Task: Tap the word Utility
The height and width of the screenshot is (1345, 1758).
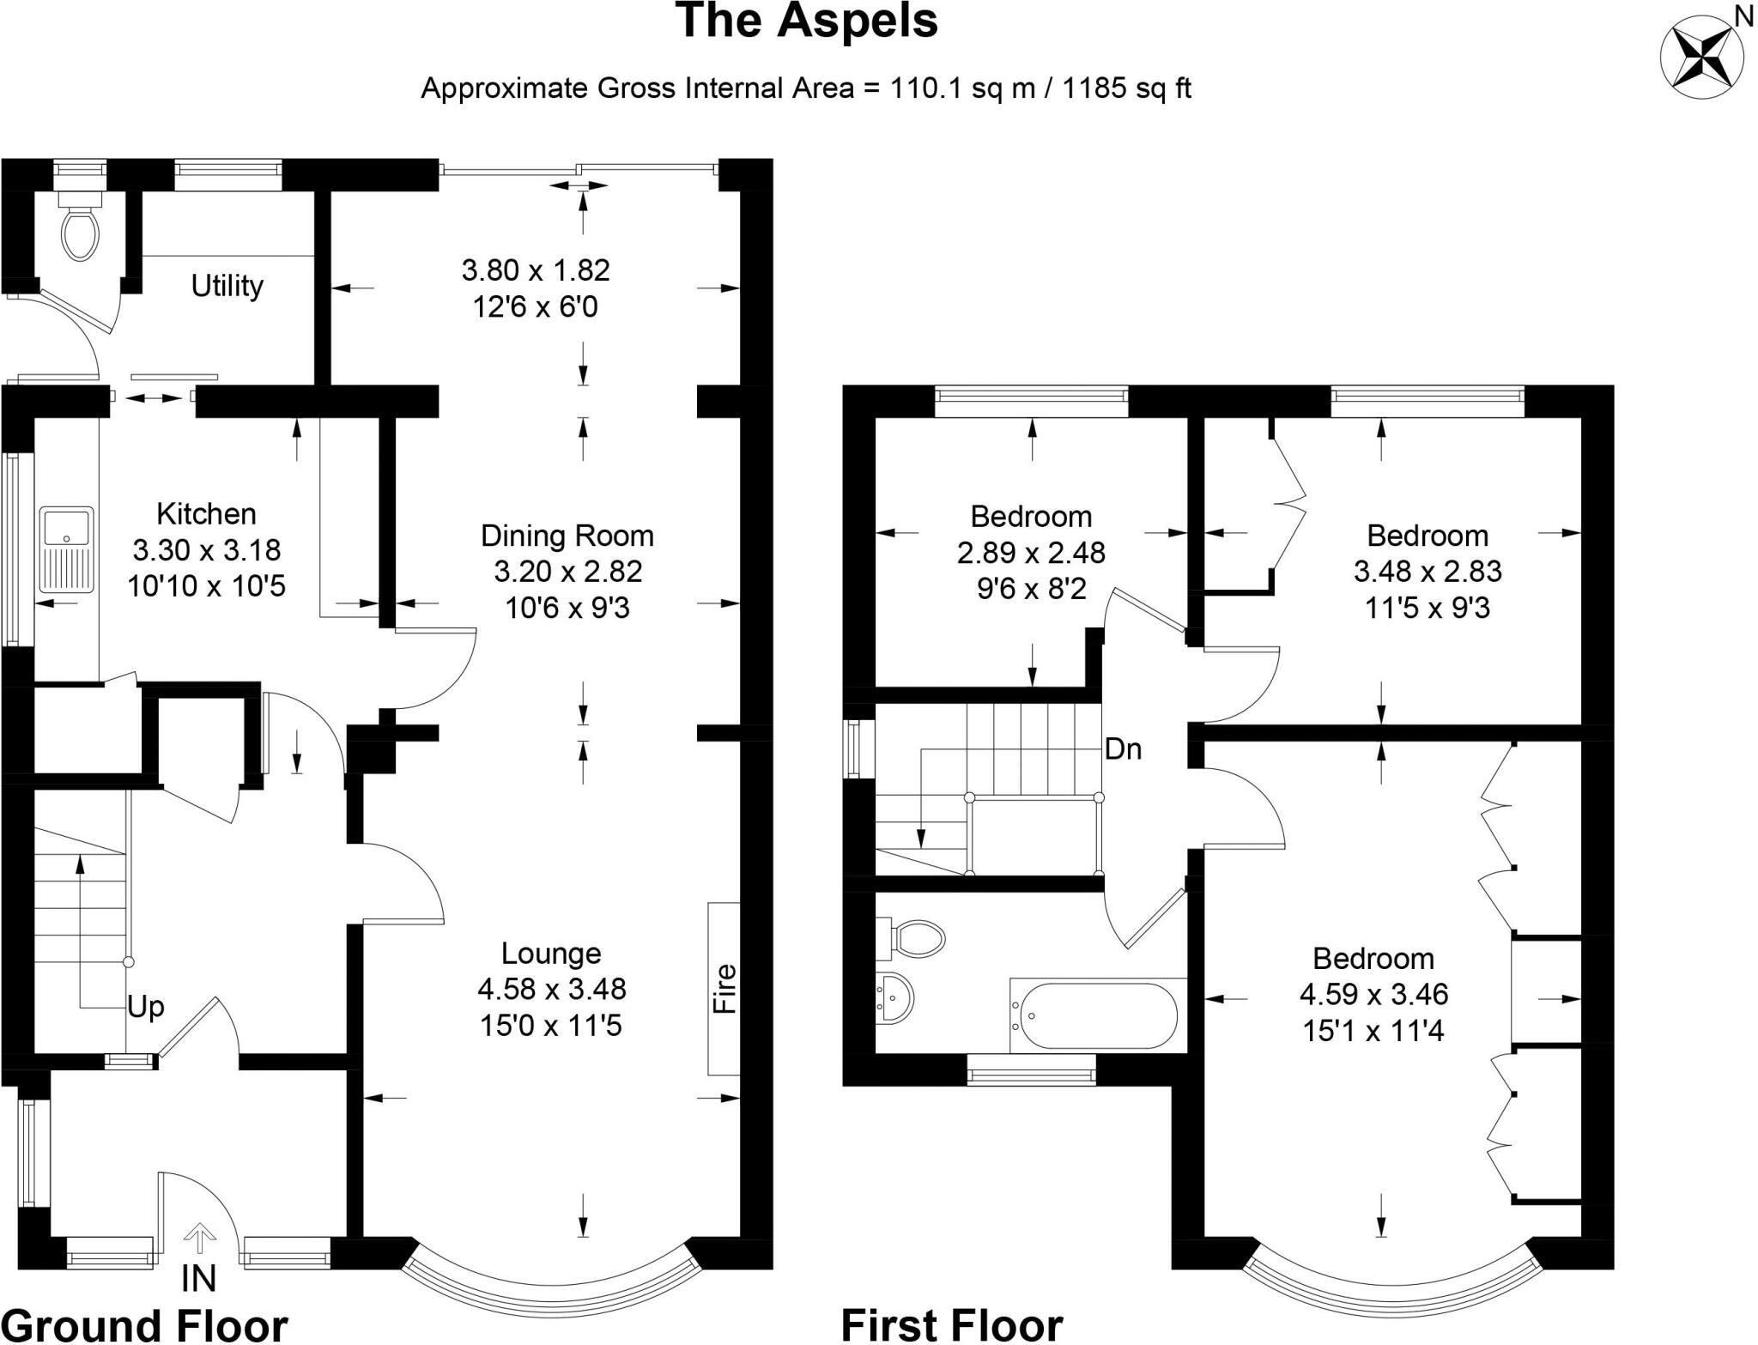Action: (x=227, y=286)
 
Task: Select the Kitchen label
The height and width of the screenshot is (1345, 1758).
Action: (x=206, y=514)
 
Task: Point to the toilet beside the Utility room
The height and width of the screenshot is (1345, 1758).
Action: (x=81, y=227)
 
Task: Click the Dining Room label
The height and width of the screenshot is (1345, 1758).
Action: (x=567, y=536)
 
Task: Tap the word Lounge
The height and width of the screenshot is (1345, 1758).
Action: (x=551, y=953)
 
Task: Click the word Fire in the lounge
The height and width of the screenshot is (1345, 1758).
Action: (x=725, y=989)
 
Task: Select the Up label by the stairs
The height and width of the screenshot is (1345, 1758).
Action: (x=145, y=1007)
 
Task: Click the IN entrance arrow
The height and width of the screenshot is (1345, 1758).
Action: (x=199, y=1240)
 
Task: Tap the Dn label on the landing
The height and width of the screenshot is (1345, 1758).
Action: (x=1123, y=749)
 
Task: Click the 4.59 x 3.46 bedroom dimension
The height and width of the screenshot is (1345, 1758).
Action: (x=1373, y=994)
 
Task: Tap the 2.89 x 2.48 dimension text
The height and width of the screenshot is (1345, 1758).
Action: (x=1031, y=553)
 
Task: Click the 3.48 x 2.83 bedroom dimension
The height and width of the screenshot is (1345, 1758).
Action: (x=1428, y=571)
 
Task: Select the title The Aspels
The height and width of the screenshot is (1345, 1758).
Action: (x=807, y=21)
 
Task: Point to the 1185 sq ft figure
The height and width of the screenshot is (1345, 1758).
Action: (x=1126, y=88)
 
